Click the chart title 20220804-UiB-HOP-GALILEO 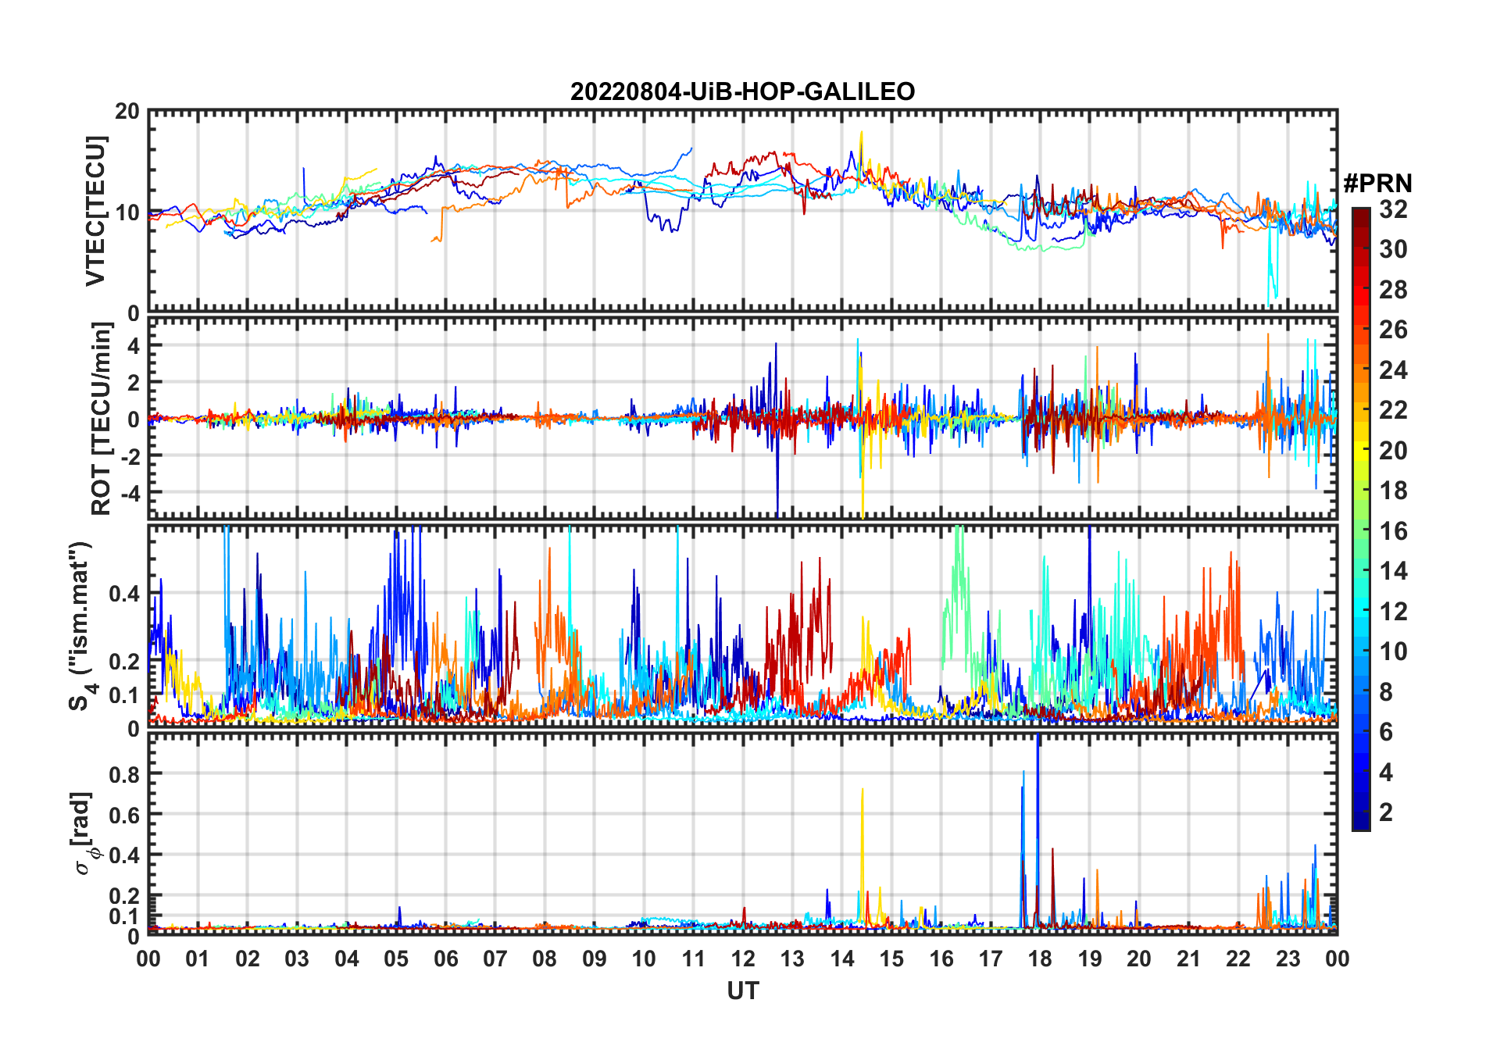(742, 92)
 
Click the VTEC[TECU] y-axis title (95, 211)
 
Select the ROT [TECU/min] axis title (101, 419)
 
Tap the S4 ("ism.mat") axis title (81, 626)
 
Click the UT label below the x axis (742, 991)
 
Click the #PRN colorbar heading (1377, 184)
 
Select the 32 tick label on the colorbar (1393, 209)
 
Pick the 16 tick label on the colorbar (1393, 531)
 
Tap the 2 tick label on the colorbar (1386, 812)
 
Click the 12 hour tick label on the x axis (742, 959)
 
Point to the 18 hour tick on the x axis (1040, 959)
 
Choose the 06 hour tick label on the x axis (445, 959)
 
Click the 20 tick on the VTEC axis (127, 112)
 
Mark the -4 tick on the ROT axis (127, 493)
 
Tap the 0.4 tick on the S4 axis (125, 594)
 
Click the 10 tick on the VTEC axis (127, 212)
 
